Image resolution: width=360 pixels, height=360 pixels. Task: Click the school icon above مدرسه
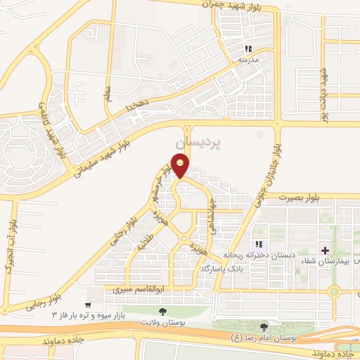(x=247, y=49)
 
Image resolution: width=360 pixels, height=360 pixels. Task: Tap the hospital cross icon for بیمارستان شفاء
(x=325, y=250)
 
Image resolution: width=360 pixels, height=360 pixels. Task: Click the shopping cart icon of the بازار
(x=87, y=304)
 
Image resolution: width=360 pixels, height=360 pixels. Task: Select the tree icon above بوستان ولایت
(x=163, y=311)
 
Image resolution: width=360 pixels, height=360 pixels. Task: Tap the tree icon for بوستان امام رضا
(x=264, y=327)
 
